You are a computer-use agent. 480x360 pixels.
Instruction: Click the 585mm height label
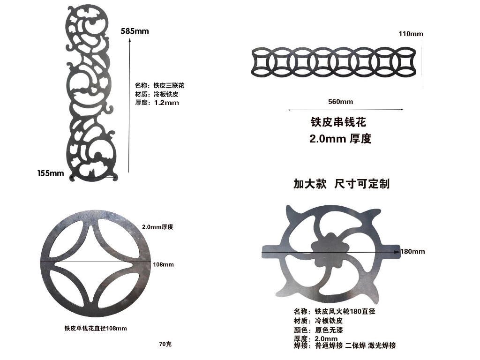click(135, 31)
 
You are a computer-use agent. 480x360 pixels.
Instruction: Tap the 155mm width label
click(51, 173)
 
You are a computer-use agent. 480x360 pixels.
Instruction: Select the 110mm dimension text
click(411, 34)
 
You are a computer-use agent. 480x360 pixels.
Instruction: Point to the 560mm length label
click(340, 102)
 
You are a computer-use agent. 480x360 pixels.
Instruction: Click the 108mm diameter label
click(163, 264)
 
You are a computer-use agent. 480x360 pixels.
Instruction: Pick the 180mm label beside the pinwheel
click(412, 252)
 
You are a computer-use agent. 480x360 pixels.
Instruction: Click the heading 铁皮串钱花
click(338, 122)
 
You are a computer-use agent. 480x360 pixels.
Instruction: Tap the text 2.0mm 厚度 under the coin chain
click(340, 139)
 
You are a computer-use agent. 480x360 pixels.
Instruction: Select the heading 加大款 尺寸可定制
click(342, 184)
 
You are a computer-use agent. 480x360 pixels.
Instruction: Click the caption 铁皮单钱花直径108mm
click(96, 328)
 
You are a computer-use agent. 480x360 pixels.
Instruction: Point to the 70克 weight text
click(165, 344)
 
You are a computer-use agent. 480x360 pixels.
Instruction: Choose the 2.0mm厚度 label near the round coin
click(157, 227)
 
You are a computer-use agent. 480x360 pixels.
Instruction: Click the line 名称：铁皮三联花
click(160, 85)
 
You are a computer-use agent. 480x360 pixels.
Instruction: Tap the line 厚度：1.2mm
click(157, 103)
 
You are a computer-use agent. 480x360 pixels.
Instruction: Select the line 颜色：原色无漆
click(318, 330)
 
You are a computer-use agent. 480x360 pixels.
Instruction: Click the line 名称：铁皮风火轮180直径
click(335, 311)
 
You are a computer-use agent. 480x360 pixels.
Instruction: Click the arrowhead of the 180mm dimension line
click(397, 252)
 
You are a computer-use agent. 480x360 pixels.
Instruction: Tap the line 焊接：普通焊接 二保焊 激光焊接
click(345, 345)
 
